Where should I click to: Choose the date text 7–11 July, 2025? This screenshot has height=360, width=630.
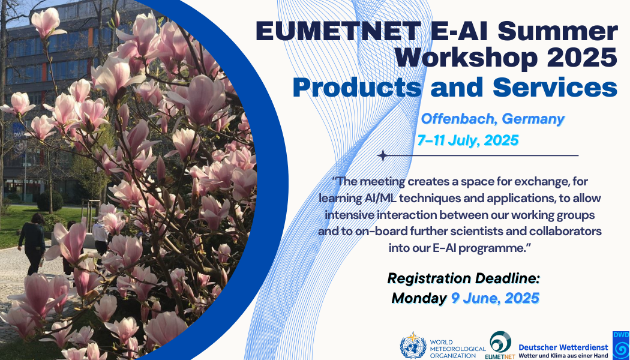coord(468,140)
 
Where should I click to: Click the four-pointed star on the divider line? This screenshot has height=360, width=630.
coord(383,155)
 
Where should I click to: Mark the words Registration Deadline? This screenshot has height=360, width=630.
coord(463,278)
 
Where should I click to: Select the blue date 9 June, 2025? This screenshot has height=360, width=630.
coord(494,298)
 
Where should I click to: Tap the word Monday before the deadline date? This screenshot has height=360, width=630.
coord(419,298)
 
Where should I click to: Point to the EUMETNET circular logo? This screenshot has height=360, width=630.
coord(500,342)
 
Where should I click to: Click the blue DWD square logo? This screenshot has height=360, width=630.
coord(621,344)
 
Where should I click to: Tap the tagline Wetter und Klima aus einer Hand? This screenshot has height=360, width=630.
coord(563,356)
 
